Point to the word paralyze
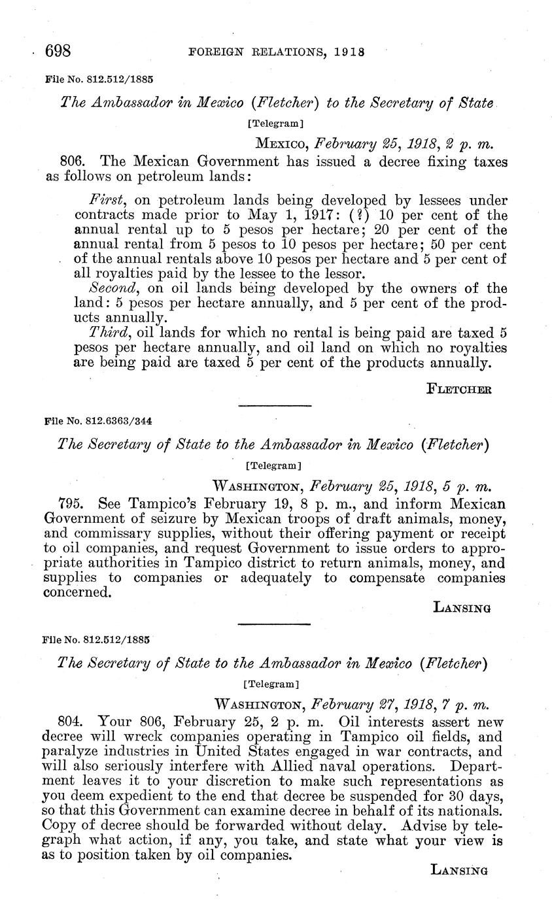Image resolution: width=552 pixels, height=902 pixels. point(70,752)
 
